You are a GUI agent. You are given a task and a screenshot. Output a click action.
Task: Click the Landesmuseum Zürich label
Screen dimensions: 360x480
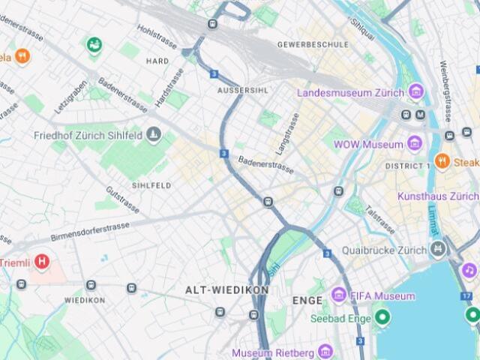351,93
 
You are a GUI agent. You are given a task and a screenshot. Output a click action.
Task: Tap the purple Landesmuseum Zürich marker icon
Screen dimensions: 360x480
416,92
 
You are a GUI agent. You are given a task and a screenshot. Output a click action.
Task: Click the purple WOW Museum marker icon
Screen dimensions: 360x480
415,143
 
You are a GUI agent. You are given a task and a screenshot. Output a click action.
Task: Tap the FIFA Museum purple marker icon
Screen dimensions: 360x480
339,295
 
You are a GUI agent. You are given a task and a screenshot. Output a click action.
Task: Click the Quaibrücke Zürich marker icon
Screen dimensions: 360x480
438,250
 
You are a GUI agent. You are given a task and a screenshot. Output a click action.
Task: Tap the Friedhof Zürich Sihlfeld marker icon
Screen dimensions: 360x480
154,135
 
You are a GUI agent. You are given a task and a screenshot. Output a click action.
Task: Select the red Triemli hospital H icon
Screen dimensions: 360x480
42,262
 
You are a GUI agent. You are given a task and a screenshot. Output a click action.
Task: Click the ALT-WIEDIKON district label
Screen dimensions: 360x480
216,289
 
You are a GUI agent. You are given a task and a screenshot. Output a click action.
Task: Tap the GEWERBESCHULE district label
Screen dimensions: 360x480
313,44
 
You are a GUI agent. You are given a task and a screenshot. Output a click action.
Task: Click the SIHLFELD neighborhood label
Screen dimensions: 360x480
151,184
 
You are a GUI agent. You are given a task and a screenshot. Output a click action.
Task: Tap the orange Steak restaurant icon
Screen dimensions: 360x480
442,160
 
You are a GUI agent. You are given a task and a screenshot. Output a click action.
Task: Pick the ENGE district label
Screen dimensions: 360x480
307,300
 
